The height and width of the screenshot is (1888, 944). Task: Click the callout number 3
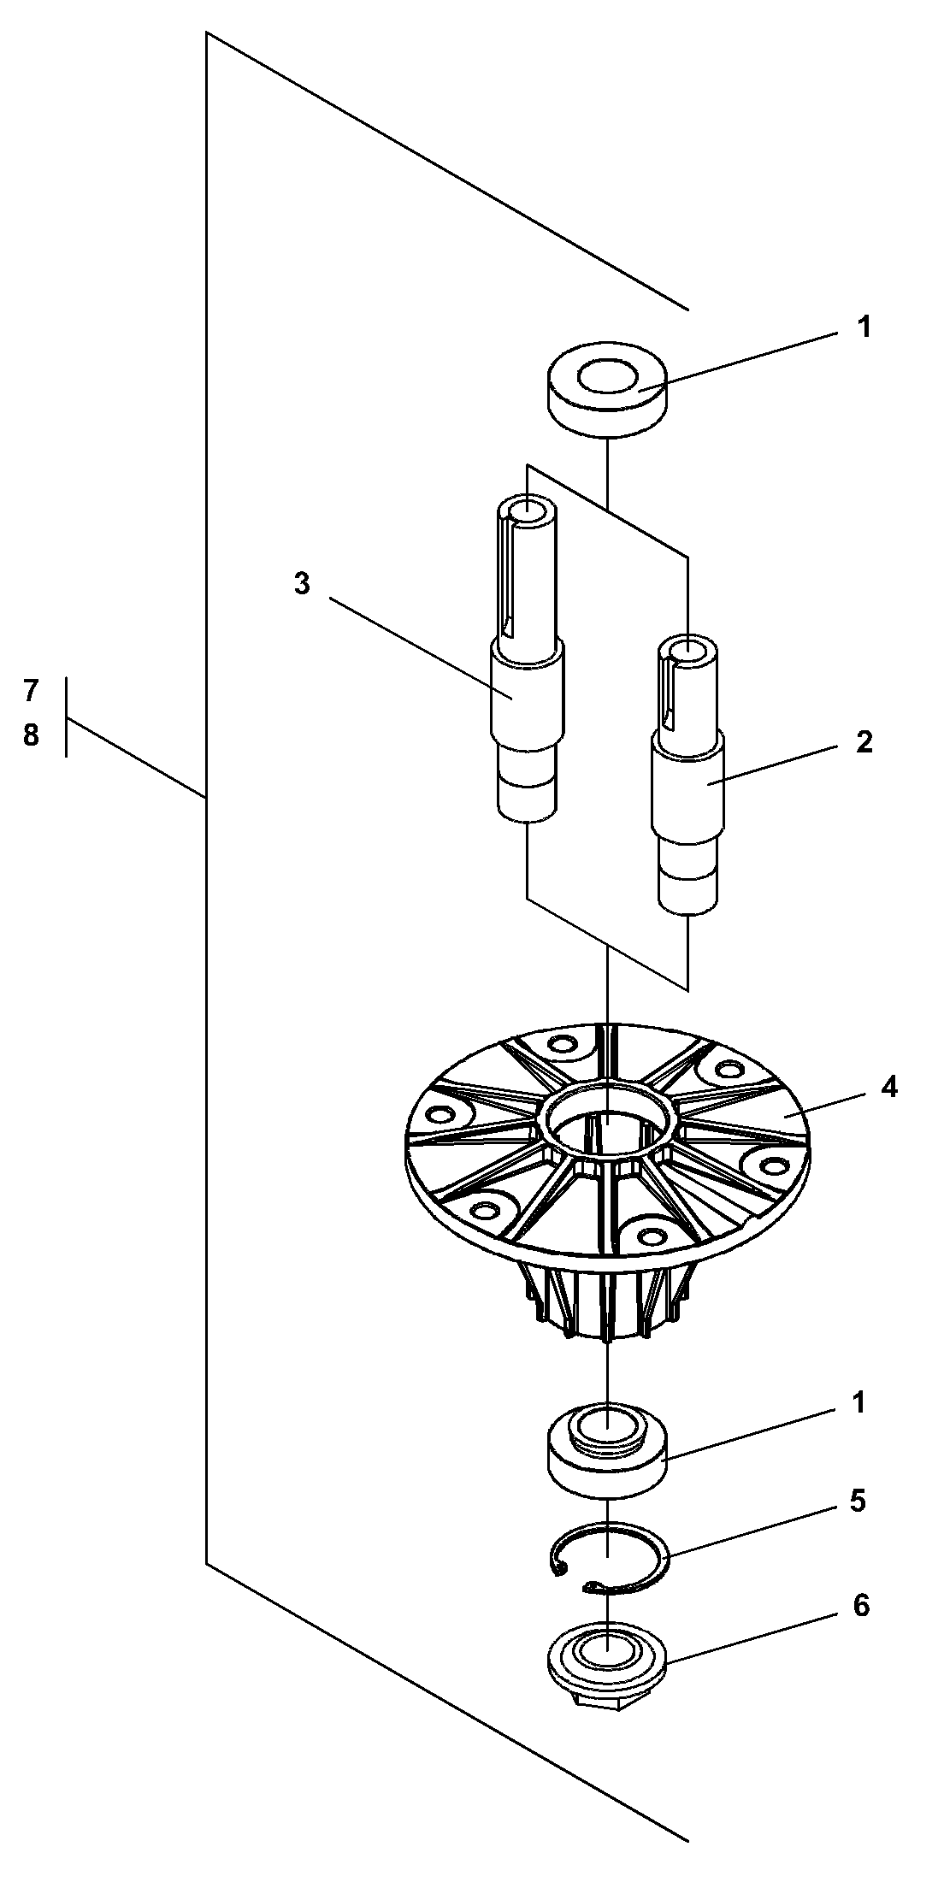pos(302,584)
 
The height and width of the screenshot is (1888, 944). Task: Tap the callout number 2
pos(864,741)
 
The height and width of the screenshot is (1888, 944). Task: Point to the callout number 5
pos(858,1502)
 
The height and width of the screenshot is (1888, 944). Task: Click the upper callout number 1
pos(864,327)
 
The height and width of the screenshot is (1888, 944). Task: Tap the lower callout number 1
pos(858,1403)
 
